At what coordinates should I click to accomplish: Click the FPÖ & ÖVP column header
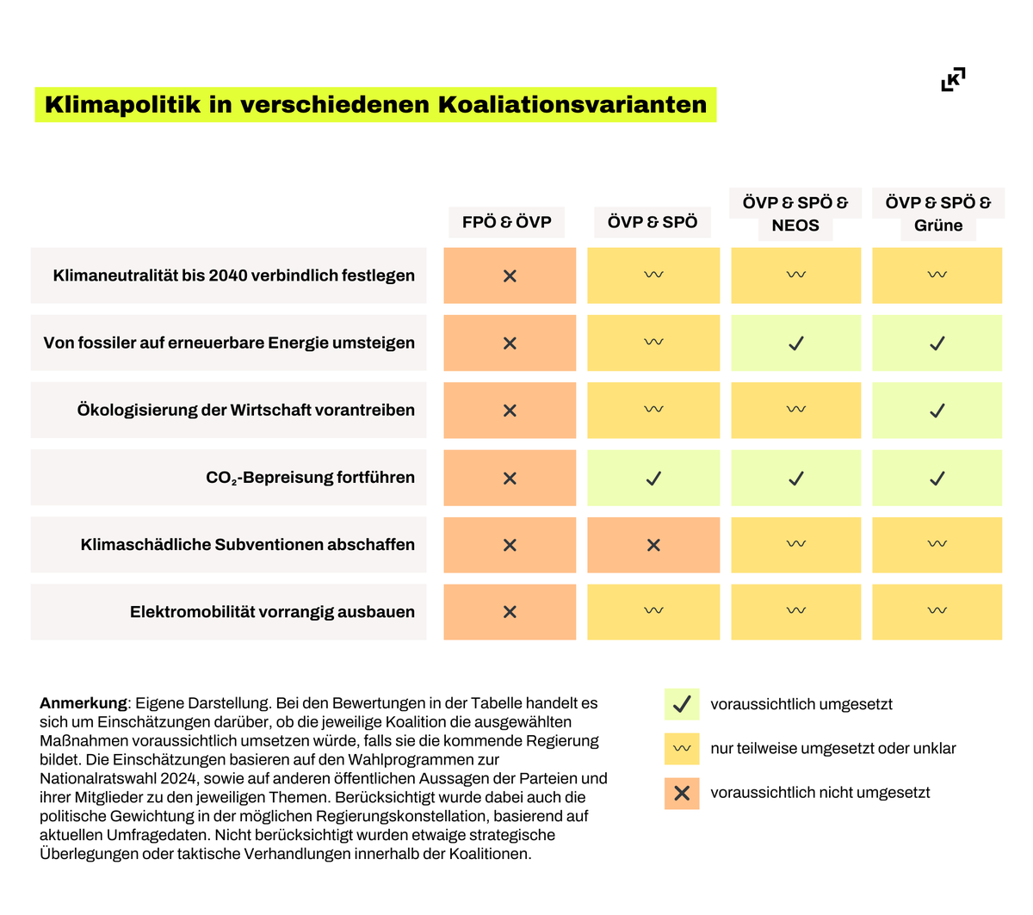click(506, 222)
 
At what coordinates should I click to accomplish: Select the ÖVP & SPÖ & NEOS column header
click(795, 214)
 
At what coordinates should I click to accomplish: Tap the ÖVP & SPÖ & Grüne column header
click(937, 214)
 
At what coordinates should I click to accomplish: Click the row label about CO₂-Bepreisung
click(310, 478)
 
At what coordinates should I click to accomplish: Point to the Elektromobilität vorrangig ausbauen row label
click(272, 612)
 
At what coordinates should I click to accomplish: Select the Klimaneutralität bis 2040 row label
click(233, 275)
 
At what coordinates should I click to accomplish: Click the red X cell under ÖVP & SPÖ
click(653, 545)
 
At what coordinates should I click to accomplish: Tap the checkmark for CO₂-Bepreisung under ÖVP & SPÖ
click(653, 478)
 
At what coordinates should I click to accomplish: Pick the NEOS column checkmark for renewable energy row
click(796, 343)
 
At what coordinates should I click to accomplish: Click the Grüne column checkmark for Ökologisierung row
click(937, 411)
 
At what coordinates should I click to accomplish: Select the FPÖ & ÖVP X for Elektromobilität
click(510, 612)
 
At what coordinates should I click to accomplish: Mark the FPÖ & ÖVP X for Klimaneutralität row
click(510, 276)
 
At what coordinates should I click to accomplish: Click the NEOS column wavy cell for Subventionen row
click(796, 544)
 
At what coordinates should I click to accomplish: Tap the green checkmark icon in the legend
click(682, 704)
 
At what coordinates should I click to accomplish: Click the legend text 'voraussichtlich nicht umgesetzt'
click(820, 793)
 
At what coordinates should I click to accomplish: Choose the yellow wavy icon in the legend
click(682, 749)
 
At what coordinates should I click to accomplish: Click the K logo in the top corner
click(953, 79)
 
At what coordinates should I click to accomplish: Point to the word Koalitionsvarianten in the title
click(572, 105)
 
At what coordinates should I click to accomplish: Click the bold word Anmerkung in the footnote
click(83, 703)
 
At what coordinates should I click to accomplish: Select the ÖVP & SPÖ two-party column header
click(653, 222)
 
